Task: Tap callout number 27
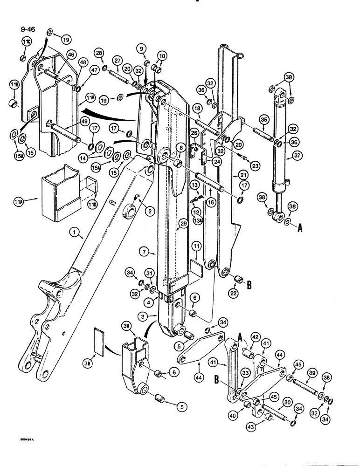(x=117, y=60)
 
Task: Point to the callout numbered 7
(x=144, y=252)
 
